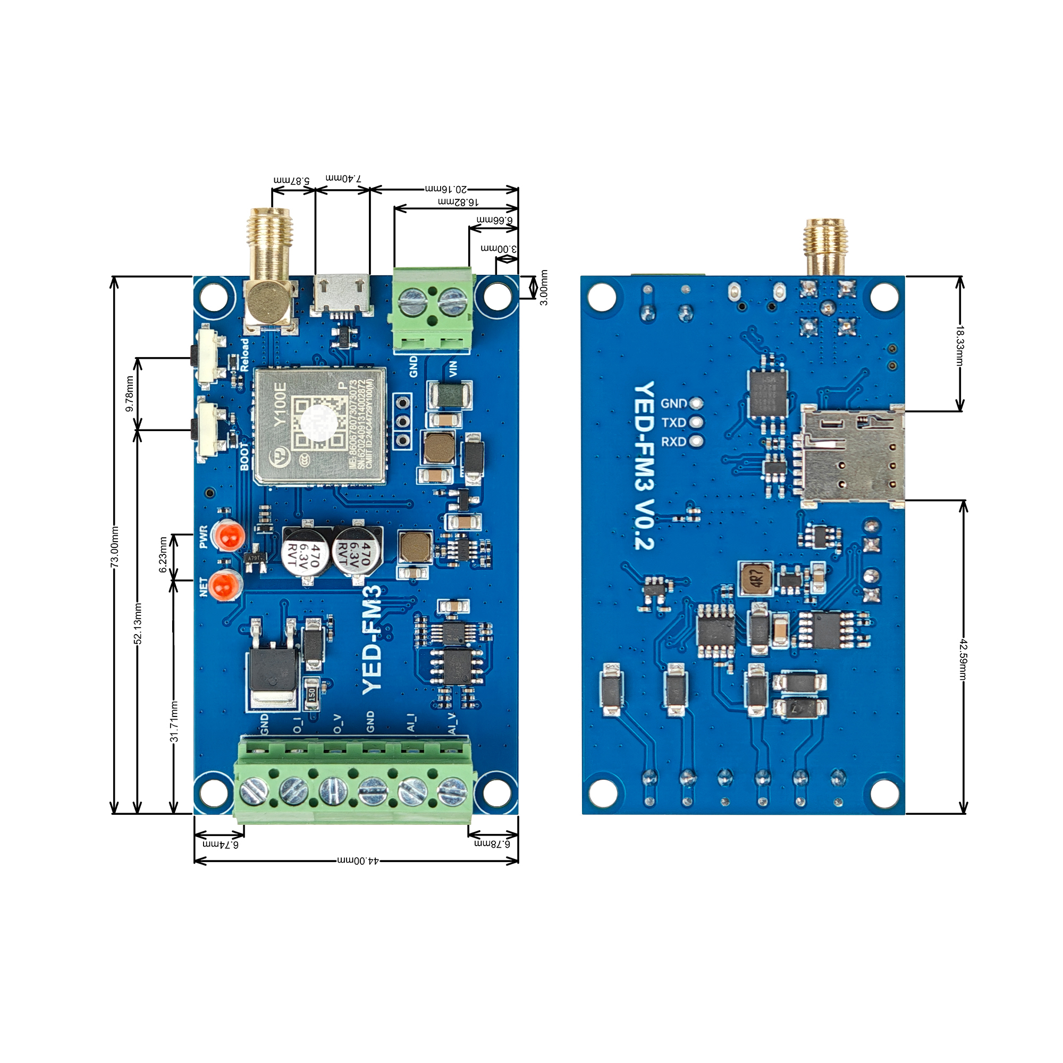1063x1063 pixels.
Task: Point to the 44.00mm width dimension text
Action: pyautogui.click(x=358, y=860)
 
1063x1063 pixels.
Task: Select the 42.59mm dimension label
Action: pyautogui.click(x=963, y=659)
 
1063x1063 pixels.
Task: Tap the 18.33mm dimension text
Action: pyautogui.click(x=959, y=345)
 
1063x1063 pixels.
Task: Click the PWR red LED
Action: pyautogui.click(x=229, y=535)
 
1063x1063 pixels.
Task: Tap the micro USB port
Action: pyautogui.click(x=341, y=294)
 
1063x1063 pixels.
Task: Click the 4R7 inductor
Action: pyautogui.click(x=756, y=578)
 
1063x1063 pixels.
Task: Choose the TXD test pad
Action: pyautogui.click(x=697, y=423)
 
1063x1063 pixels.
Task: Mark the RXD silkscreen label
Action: pyautogui.click(x=673, y=442)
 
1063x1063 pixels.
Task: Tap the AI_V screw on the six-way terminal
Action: pyautogui.click(x=452, y=791)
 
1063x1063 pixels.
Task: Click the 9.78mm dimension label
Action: pyautogui.click(x=130, y=393)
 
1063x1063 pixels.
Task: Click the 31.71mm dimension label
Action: pyautogui.click(x=174, y=721)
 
